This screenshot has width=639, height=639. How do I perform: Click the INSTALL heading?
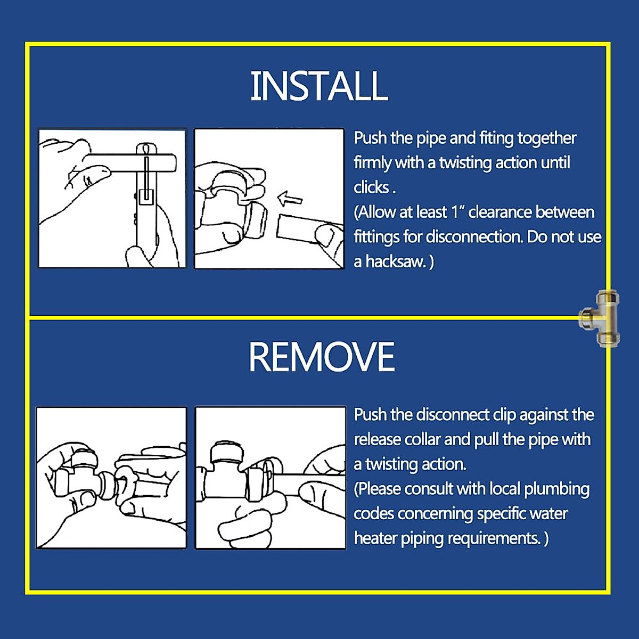319,86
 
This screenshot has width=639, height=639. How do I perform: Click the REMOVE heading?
322,357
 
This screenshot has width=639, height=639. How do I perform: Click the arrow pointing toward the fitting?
290,199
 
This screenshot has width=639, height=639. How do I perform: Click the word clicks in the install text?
371,187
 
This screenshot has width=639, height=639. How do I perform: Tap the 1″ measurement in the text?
457,212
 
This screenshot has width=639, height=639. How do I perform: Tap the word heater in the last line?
375,538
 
